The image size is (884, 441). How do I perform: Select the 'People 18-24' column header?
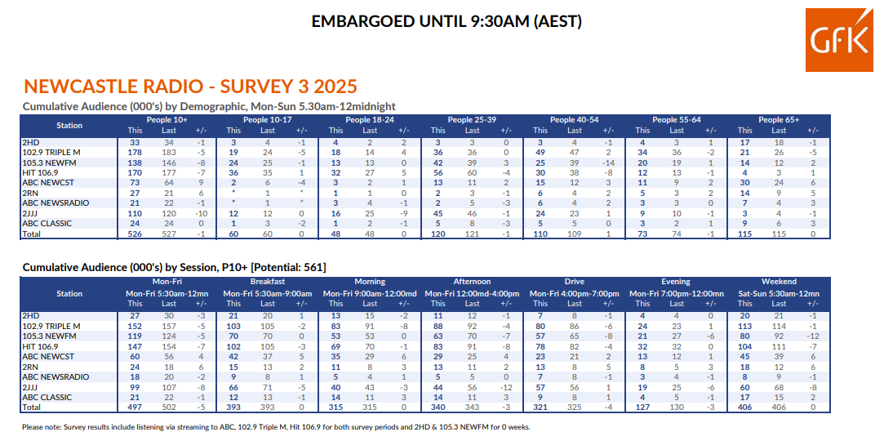tap(369, 120)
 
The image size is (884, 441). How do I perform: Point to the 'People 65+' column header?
tap(778, 120)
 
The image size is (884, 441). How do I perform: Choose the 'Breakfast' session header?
tap(268, 282)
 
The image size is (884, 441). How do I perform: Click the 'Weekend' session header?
tap(779, 282)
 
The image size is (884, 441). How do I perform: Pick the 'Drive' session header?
tap(574, 282)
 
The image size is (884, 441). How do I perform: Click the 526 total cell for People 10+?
tap(135, 234)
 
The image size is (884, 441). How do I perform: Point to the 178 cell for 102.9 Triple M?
tap(135, 153)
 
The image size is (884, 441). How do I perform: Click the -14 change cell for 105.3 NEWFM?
tap(608, 163)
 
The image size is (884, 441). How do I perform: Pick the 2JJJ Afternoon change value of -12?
tap(506, 387)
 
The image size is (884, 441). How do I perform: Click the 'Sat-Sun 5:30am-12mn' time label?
tap(779, 293)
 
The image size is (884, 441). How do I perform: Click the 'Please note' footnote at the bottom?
tap(276, 426)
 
